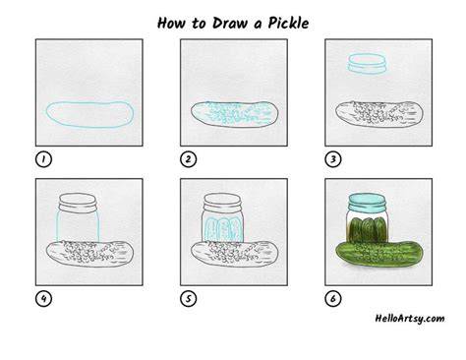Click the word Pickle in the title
tap(288, 23)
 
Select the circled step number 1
tap(43, 159)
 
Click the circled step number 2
tap(188, 159)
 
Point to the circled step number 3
tap(333, 159)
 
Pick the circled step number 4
tap(43, 299)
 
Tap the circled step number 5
tap(188, 299)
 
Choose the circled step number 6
tap(333, 299)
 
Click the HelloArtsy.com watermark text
tap(410, 319)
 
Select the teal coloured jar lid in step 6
tap(366, 203)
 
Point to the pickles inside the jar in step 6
tap(368, 229)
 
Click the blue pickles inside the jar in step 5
tap(220, 229)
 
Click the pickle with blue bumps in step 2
tap(235, 114)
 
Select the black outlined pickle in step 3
tap(379, 114)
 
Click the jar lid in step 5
tap(222, 202)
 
